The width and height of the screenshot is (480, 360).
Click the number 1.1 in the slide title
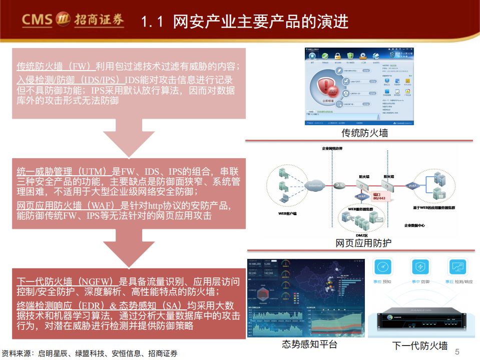(x=152, y=22)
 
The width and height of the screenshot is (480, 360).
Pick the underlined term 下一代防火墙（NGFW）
(x=67, y=281)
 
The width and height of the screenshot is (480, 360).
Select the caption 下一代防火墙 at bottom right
(x=419, y=345)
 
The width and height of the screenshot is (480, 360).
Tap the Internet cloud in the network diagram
(x=315, y=186)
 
